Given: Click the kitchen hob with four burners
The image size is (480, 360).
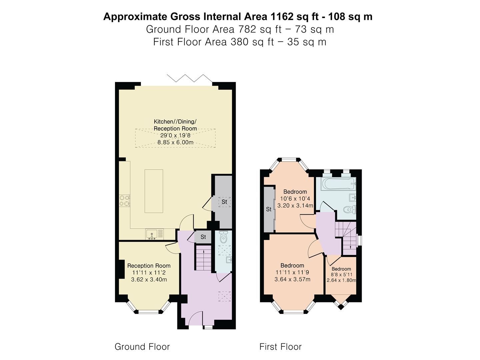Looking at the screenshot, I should point(125,201).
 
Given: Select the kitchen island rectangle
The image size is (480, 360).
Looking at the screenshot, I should point(154,191).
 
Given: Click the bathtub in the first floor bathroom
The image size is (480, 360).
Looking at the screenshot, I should point(338,183).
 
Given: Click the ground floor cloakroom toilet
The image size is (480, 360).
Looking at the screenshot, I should point(224,237).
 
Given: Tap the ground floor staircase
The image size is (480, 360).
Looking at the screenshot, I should point(203,258).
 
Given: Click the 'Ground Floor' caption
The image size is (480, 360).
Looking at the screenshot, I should point(142,347).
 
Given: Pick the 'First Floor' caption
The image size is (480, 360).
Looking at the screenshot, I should point(280,347).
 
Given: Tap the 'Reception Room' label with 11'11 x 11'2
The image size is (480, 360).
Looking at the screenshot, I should point(149,266).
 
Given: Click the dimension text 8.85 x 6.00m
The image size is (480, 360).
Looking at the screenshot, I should point(175,142).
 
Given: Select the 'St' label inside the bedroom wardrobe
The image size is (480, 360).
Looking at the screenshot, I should point(269,209).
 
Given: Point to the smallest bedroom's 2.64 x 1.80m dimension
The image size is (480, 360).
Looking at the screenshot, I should point(341,280).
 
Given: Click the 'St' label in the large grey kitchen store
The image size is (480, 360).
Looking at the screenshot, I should point(224,202).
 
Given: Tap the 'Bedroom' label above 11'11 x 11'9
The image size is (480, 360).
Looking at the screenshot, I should point(292,265).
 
